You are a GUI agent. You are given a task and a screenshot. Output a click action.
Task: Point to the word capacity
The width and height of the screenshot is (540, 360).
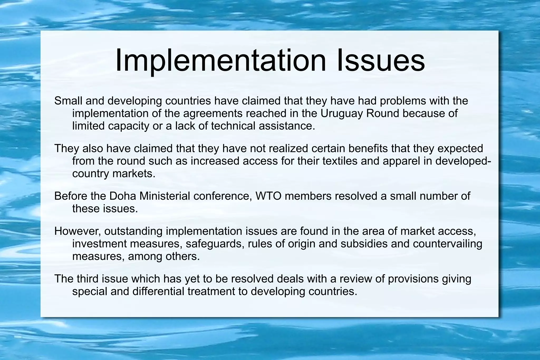point(129,126)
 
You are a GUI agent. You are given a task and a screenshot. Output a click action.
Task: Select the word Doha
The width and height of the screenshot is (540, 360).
point(123,196)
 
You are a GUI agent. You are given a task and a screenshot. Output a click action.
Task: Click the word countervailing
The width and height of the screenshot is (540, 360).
point(447,244)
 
